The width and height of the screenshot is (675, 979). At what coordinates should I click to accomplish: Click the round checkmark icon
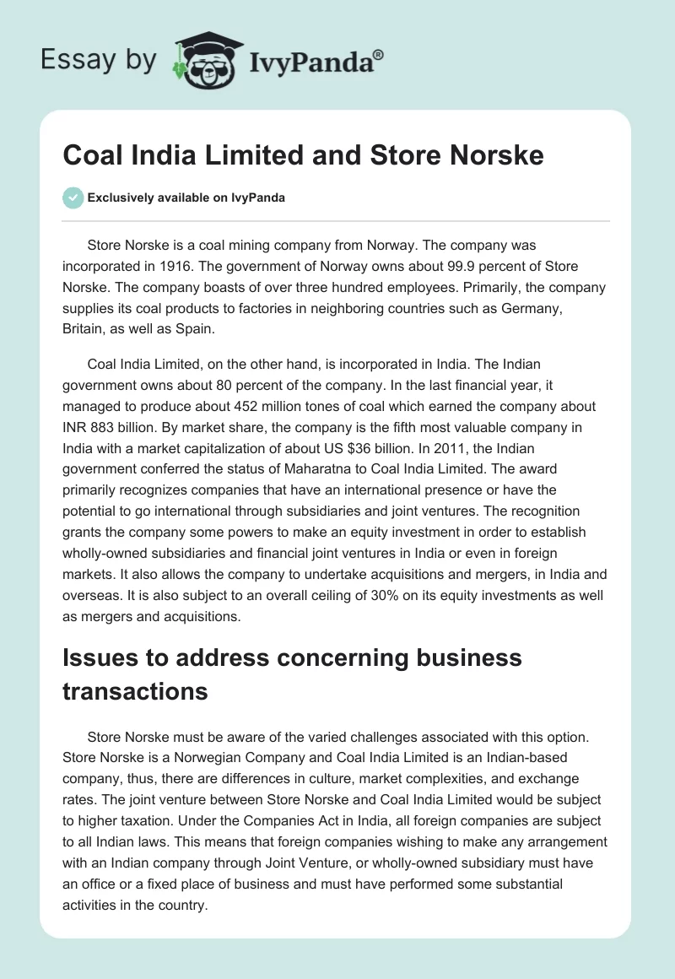[x=73, y=197]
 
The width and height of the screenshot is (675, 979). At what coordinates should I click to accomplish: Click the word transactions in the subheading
[x=135, y=690]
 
